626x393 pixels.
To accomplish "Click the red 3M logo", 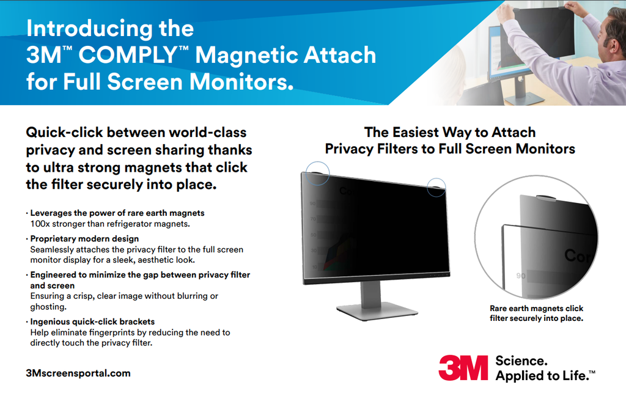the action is click(x=463, y=367).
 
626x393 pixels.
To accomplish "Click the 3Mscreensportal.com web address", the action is click(x=78, y=373).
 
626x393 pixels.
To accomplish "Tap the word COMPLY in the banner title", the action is click(x=128, y=54).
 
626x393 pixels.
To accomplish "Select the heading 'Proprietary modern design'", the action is click(x=84, y=238).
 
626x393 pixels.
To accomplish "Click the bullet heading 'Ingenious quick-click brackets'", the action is click(x=93, y=321).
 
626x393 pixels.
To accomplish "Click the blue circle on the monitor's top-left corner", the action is click(x=317, y=173).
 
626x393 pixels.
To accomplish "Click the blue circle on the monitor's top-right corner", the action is click(x=436, y=187).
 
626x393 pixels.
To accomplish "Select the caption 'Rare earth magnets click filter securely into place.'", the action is click(x=537, y=313).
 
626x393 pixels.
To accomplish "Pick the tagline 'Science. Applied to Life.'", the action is click(x=545, y=368).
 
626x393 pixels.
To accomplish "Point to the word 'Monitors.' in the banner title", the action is click(x=241, y=81).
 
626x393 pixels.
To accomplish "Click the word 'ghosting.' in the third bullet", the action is click(x=48, y=307).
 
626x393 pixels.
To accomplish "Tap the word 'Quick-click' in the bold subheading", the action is click(x=64, y=132).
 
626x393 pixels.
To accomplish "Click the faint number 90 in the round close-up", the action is click(x=521, y=276).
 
